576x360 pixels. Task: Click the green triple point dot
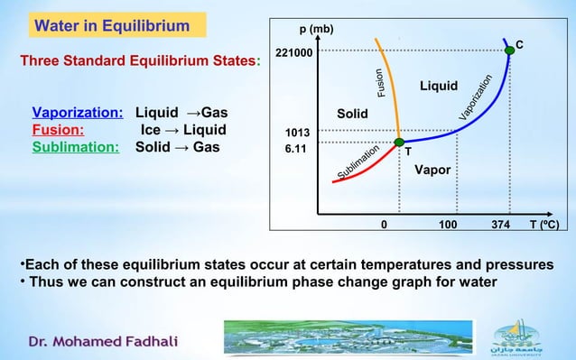coord(399,143)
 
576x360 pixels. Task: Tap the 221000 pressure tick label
coord(294,53)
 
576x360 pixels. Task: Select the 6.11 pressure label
coord(297,150)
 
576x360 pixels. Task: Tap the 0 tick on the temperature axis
coord(384,225)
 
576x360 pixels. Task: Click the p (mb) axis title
coord(317,29)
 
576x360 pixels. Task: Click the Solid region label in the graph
coord(352,115)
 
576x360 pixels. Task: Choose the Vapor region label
coord(432,170)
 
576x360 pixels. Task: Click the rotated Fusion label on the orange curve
coord(381,84)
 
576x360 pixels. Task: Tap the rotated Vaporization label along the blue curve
coord(475,97)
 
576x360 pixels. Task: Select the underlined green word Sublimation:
coord(76,146)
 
